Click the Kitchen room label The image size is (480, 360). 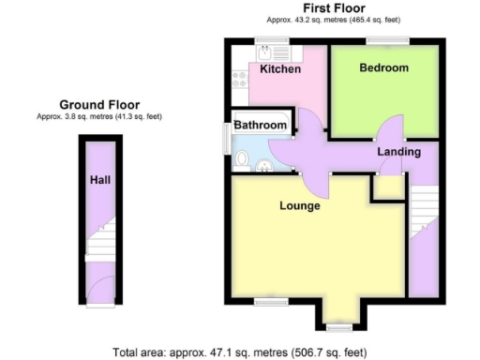click(x=280, y=69)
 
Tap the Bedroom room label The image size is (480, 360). click(x=384, y=68)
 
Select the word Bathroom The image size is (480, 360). click(x=260, y=125)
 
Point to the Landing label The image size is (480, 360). click(x=398, y=151)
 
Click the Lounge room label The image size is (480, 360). click(x=299, y=205)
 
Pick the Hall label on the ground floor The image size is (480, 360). click(x=100, y=179)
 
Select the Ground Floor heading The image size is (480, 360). click(x=99, y=104)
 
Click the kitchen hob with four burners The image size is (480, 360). click(x=239, y=83)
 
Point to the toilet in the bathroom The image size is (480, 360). click(x=244, y=162)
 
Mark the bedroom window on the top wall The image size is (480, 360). click(x=385, y=40)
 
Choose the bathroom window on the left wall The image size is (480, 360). click(x=225, y=137)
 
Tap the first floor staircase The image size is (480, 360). click(x=424, y=205)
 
